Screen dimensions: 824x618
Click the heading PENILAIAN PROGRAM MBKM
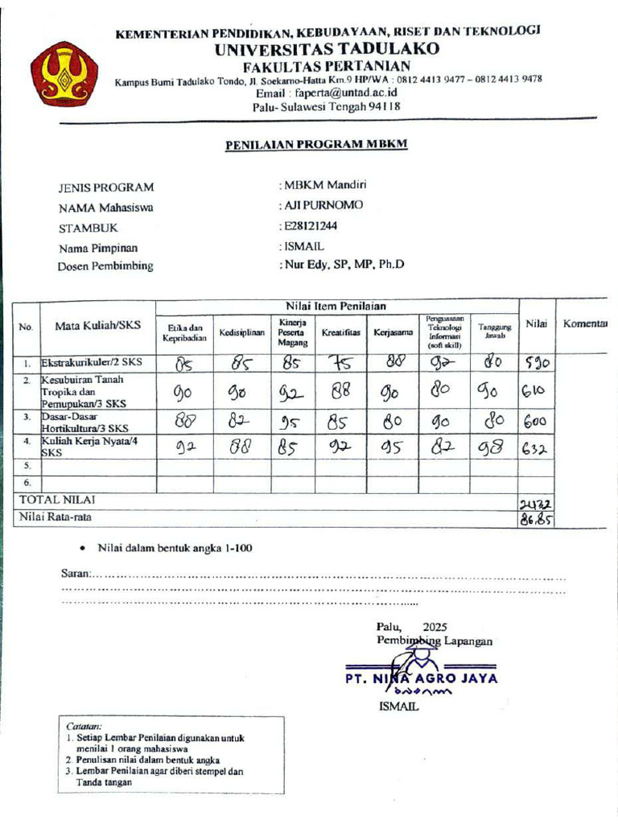316,144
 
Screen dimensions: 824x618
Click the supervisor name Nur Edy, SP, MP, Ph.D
343,264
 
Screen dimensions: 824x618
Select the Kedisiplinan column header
242,332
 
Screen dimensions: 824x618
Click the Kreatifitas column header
340,332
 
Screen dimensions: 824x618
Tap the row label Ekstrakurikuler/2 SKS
92,363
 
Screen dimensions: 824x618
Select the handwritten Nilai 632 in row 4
535,450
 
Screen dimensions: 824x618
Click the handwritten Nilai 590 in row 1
536,363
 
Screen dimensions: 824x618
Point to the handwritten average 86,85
536,519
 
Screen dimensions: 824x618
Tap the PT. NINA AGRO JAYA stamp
421,678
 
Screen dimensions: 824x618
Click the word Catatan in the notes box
84,724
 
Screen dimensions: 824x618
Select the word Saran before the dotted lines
76,574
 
